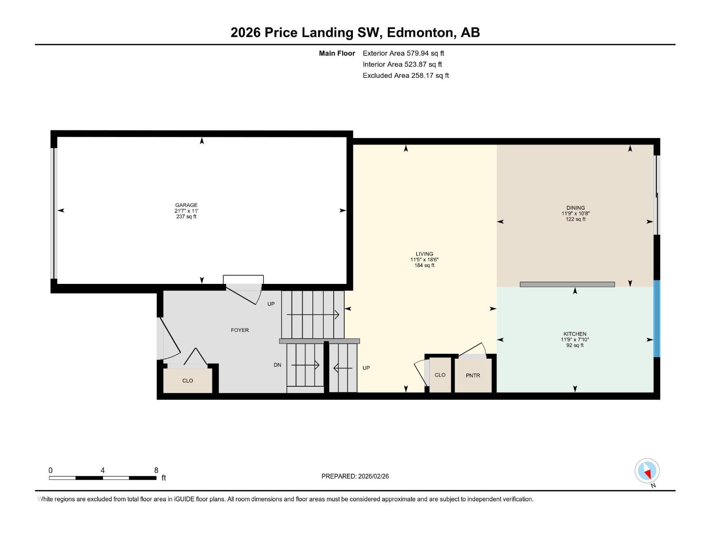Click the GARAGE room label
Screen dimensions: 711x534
(186, 205)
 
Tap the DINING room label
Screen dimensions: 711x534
(575, 208)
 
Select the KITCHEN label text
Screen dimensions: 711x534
(575, 334)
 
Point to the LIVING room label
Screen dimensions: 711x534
(424, 254)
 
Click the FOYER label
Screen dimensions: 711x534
(240, 330)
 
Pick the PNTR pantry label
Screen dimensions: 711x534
(473, 376)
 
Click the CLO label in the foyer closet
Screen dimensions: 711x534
(188, 380)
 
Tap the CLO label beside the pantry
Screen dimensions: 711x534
(440, 375)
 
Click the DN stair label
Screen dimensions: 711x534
(277, 365)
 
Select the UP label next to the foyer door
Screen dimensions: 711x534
(271, 304)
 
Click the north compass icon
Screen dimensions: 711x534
(647, 471)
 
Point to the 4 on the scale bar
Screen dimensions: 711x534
(102, 470)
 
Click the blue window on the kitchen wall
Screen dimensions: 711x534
(657, 319)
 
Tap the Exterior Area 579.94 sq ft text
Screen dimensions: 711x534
(403, 53)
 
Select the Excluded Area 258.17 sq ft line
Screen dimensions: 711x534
(406, 76)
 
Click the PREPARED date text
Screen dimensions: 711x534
(355, 476)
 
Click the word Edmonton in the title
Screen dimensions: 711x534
(420, 33)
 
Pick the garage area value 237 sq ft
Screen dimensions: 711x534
(186, 217)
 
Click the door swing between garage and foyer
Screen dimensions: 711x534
(244, 294)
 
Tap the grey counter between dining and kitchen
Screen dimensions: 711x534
(567, 284)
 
